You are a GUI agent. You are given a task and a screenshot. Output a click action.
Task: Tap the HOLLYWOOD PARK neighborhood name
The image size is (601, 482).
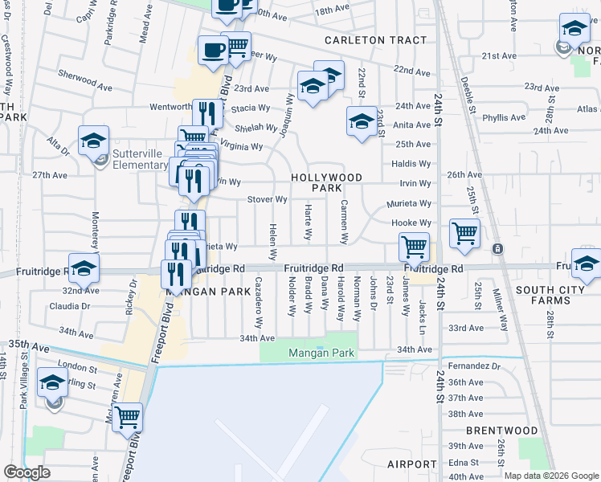coord(327,182)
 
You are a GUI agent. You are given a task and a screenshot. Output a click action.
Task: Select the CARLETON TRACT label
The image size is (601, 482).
coord(364,40)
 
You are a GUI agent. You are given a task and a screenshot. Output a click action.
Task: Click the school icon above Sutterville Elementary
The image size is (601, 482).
coord(94,141)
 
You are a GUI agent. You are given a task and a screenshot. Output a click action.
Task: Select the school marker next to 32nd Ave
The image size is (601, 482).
coord(84,268)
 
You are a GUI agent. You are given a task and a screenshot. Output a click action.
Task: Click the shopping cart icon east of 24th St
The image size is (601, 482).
coord(465,234)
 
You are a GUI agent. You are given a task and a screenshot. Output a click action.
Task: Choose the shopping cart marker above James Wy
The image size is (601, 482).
coord(415,246)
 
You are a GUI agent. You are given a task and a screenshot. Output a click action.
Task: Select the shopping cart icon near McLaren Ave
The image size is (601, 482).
coord(128,417)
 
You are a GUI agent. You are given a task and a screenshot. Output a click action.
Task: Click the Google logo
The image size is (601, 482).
coord(27,472)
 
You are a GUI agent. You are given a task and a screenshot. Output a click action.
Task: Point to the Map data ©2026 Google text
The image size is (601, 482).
coord(551,476)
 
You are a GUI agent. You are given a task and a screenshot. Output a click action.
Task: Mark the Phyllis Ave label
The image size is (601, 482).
coord(505,117)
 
